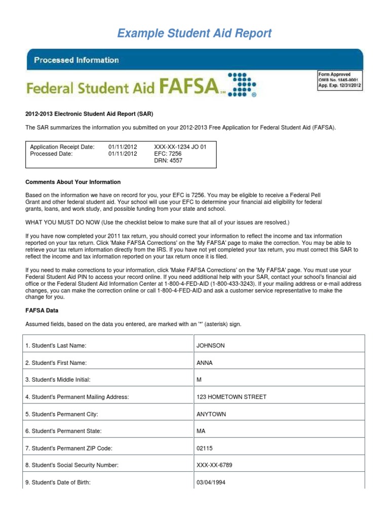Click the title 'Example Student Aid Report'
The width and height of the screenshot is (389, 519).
pos(194,33)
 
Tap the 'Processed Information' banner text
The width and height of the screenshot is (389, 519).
pos(76,60)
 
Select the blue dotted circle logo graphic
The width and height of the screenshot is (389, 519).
pos(242,84)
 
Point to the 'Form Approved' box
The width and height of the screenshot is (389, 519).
pos(340,80)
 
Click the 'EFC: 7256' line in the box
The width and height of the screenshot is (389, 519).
pos(167,154)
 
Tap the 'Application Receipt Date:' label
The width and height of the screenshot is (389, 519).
pos(62,147)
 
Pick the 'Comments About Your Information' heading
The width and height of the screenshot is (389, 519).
pos(73,182)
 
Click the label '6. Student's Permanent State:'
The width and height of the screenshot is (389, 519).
pos(63,431)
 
